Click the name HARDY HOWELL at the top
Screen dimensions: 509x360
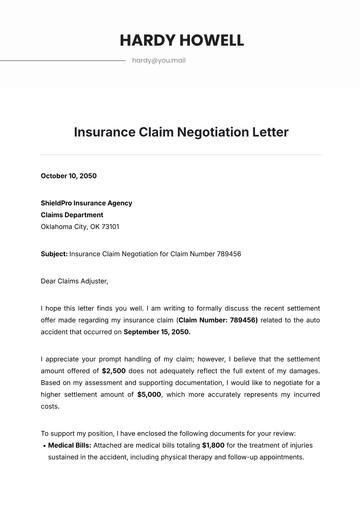pyautogui.click(x=181, y=40)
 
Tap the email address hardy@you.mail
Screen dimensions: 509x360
pyautogui.click(x=158, y=61)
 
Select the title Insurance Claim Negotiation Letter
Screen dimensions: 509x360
pyautogui.click(x=181, y=131)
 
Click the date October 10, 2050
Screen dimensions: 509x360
pyautogui.click(x=67, y=176)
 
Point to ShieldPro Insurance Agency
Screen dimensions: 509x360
pyautogui.click(x=86, y=203)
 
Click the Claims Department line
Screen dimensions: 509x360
pyautogui.click(x=73, y=214)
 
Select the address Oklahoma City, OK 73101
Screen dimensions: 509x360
pyautogui.click(x=85, y=226)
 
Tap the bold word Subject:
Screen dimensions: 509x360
pyautogui.click(x=54, y=254)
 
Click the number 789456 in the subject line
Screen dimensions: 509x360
pyautogui.click(x=226, y=254)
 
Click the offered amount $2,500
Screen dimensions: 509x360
pyautogui.click(x=114, y=370)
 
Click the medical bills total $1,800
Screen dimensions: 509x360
pyautogui.click(x=213, y=444)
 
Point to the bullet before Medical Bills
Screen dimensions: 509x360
pyautogui.click(x=44, y=444)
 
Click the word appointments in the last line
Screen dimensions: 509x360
pyautogui.click(x=273, y=456)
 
